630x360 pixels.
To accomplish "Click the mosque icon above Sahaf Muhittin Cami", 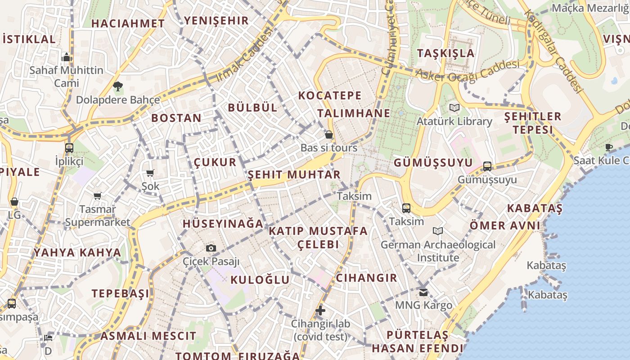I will click(x=67, y=57).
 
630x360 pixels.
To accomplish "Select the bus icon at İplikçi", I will click(x=69, y=148).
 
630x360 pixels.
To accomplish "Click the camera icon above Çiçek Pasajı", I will click(x=211, y=248).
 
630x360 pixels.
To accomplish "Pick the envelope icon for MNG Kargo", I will click(x=423, y=292).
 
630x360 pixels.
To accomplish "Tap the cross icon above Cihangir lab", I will click(x=320, y=310).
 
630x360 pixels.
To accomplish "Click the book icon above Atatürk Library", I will click(x=454, y=108).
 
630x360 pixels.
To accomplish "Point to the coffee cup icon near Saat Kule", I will click(x=609, y=147).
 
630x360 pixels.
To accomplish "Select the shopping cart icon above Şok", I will click(x=150, y=173).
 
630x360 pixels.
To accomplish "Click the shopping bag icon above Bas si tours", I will click(x=329, y=135).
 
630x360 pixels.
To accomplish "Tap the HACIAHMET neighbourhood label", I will click(x=128, y=23).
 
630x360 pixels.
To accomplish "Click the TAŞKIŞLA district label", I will click(x=445, y=53).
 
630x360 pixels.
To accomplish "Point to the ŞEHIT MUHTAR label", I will click(x=294, y=174).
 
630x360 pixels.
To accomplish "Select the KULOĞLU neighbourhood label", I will click(x=260, y=279).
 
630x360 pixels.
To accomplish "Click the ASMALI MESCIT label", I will click(x=148, y=336).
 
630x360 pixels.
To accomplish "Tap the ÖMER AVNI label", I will click(x=505, y=225).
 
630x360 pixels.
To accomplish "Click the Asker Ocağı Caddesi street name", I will click(x=468, y=72).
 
